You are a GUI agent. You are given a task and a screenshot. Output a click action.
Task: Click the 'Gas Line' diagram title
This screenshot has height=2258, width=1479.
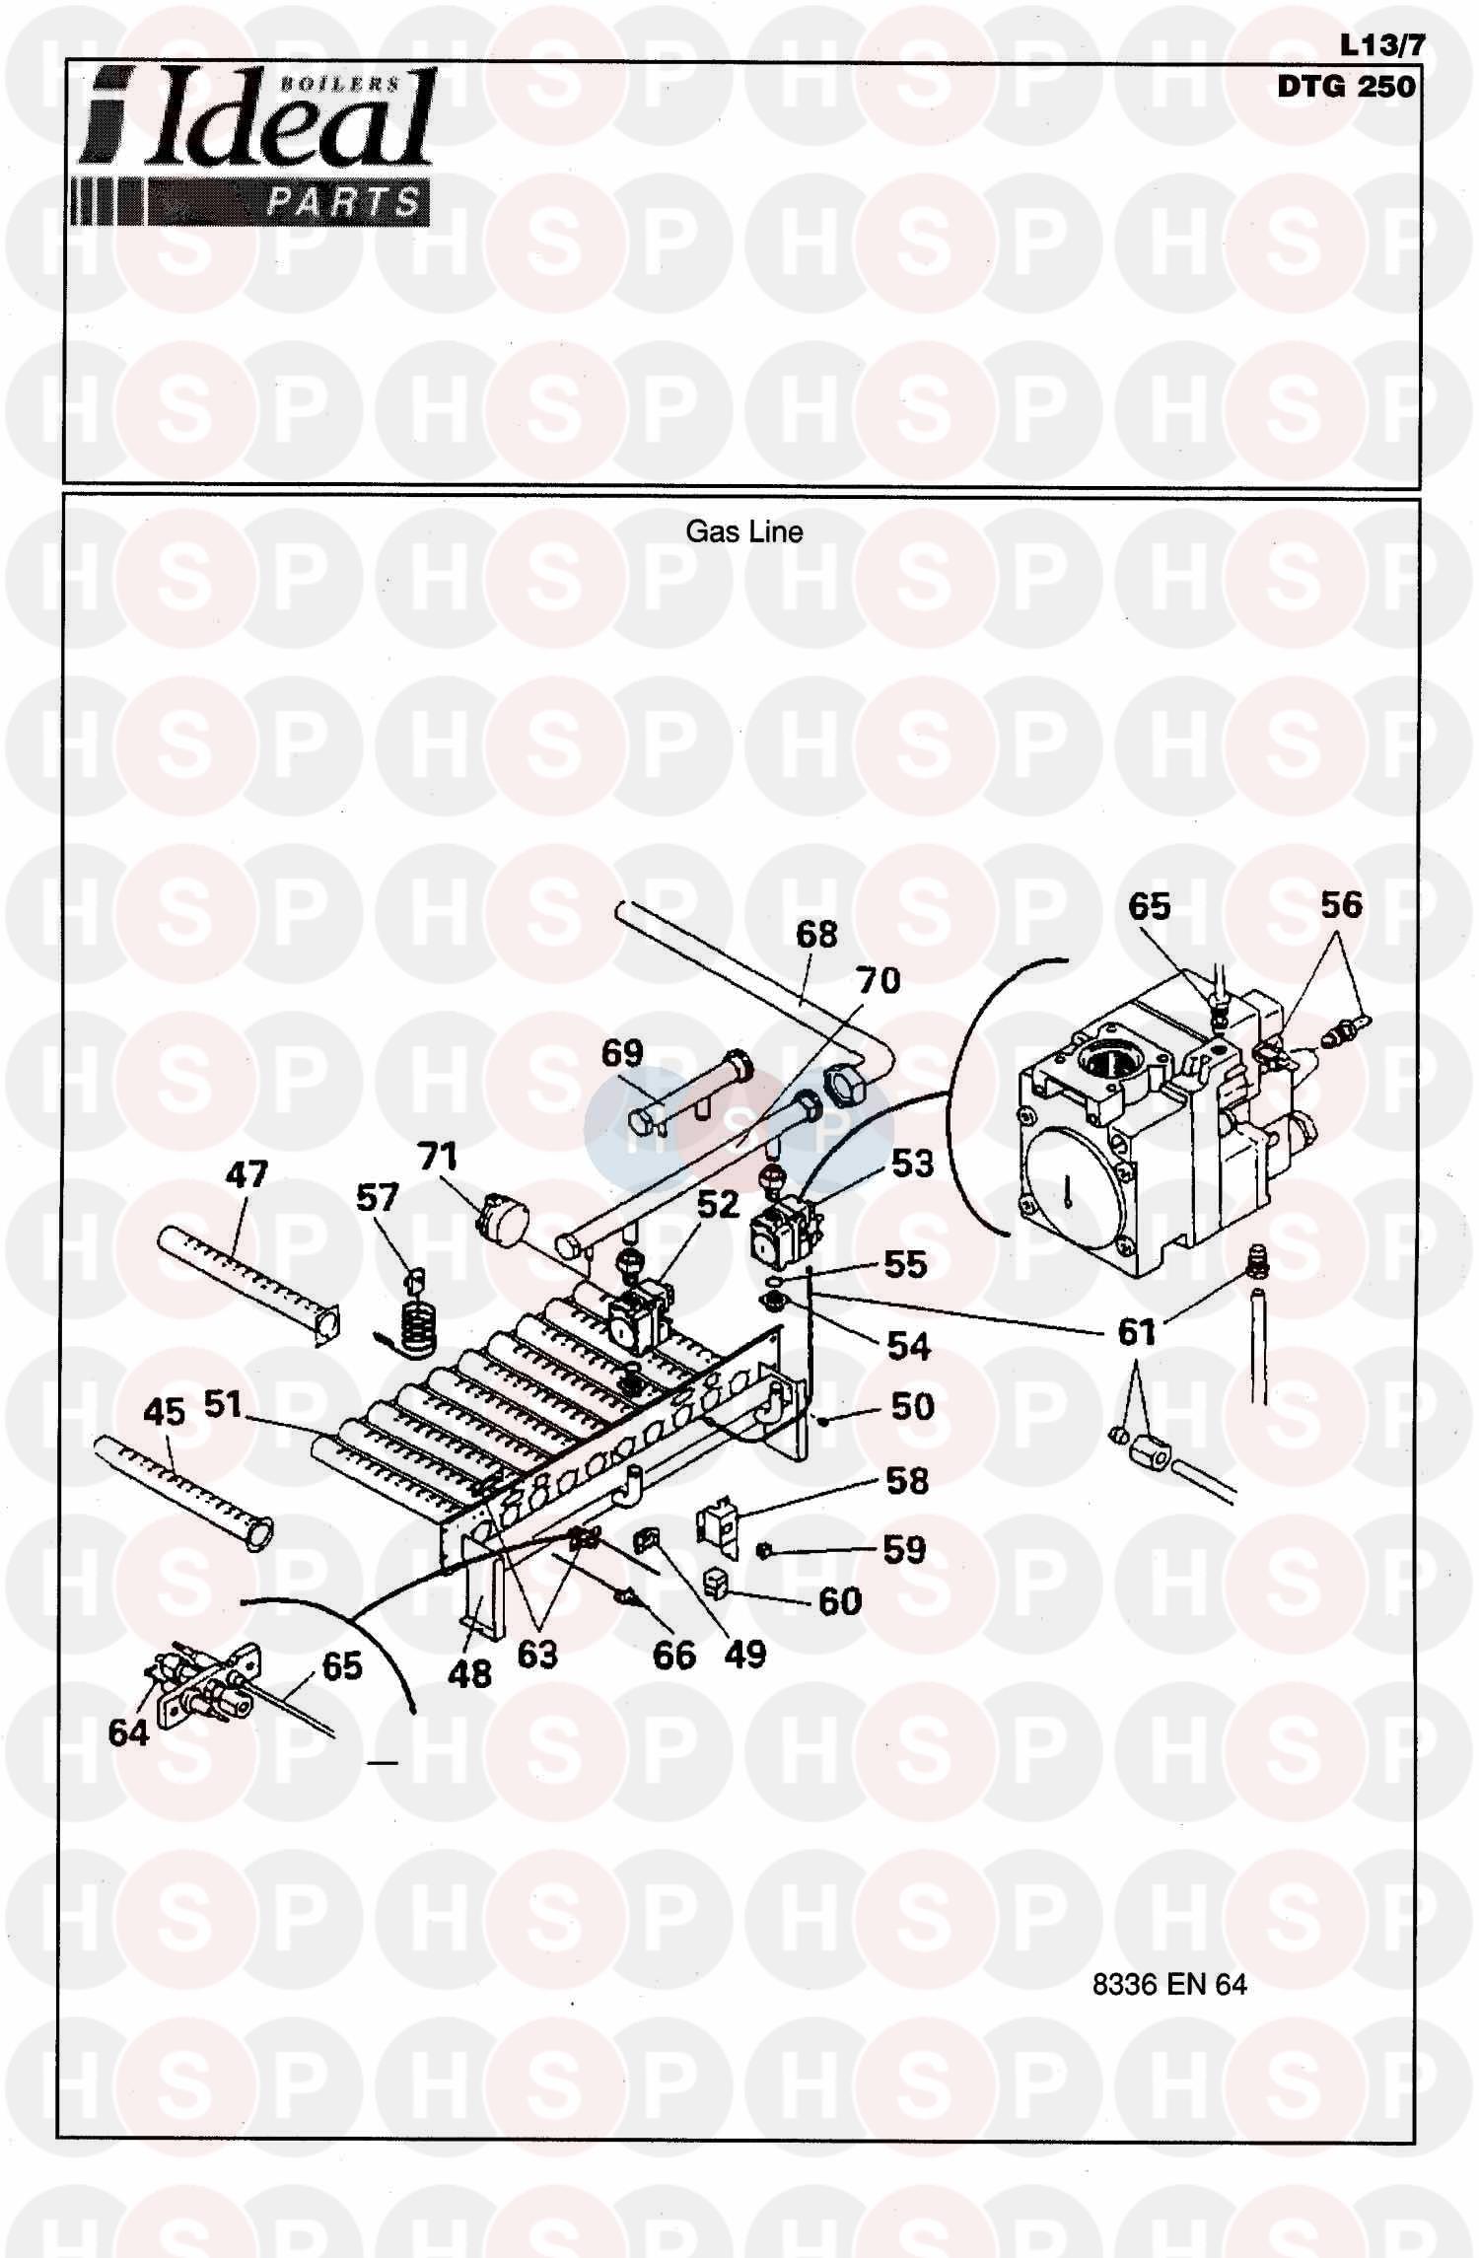tap(743, 532)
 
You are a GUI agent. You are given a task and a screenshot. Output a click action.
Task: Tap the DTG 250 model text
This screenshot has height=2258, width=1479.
tap(1346, 87)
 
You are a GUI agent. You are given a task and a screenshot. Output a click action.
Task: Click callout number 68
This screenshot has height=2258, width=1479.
tap(816, 934)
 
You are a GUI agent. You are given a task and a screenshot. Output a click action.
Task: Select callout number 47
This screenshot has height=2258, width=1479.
tap(246, 1173)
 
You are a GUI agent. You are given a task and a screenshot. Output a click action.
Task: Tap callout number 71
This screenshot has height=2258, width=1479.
tap(437, 1156)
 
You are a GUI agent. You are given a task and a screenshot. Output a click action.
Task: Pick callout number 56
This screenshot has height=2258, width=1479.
tap(1341, 904)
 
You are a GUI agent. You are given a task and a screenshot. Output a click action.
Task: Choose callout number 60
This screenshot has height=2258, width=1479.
tap(840, 1600)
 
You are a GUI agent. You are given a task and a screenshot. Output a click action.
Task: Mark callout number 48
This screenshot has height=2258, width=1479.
tap(469, 1673)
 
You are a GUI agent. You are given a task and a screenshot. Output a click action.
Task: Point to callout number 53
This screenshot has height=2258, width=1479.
tap(912, 1164)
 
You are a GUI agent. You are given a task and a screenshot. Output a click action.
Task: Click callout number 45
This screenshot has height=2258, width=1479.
tap(164, 1412)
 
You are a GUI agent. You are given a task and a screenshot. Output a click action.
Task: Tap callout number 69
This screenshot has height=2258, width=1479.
tap(622, 1053)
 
